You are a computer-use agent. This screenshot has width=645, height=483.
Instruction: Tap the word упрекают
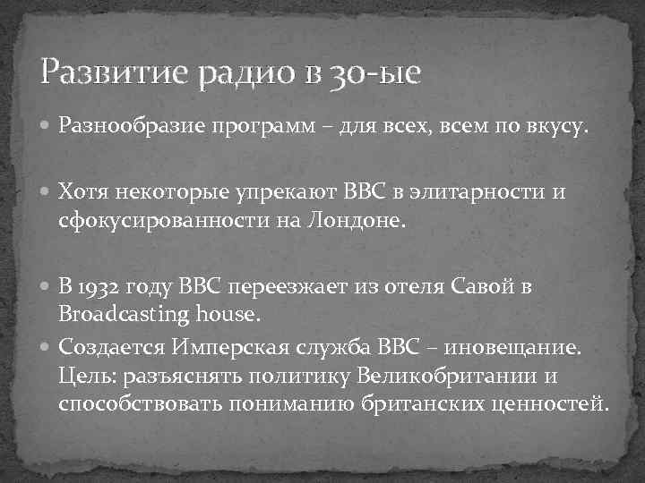click(x=275, y=191)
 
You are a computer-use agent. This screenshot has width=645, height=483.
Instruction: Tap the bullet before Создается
click(x=47, y=345)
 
